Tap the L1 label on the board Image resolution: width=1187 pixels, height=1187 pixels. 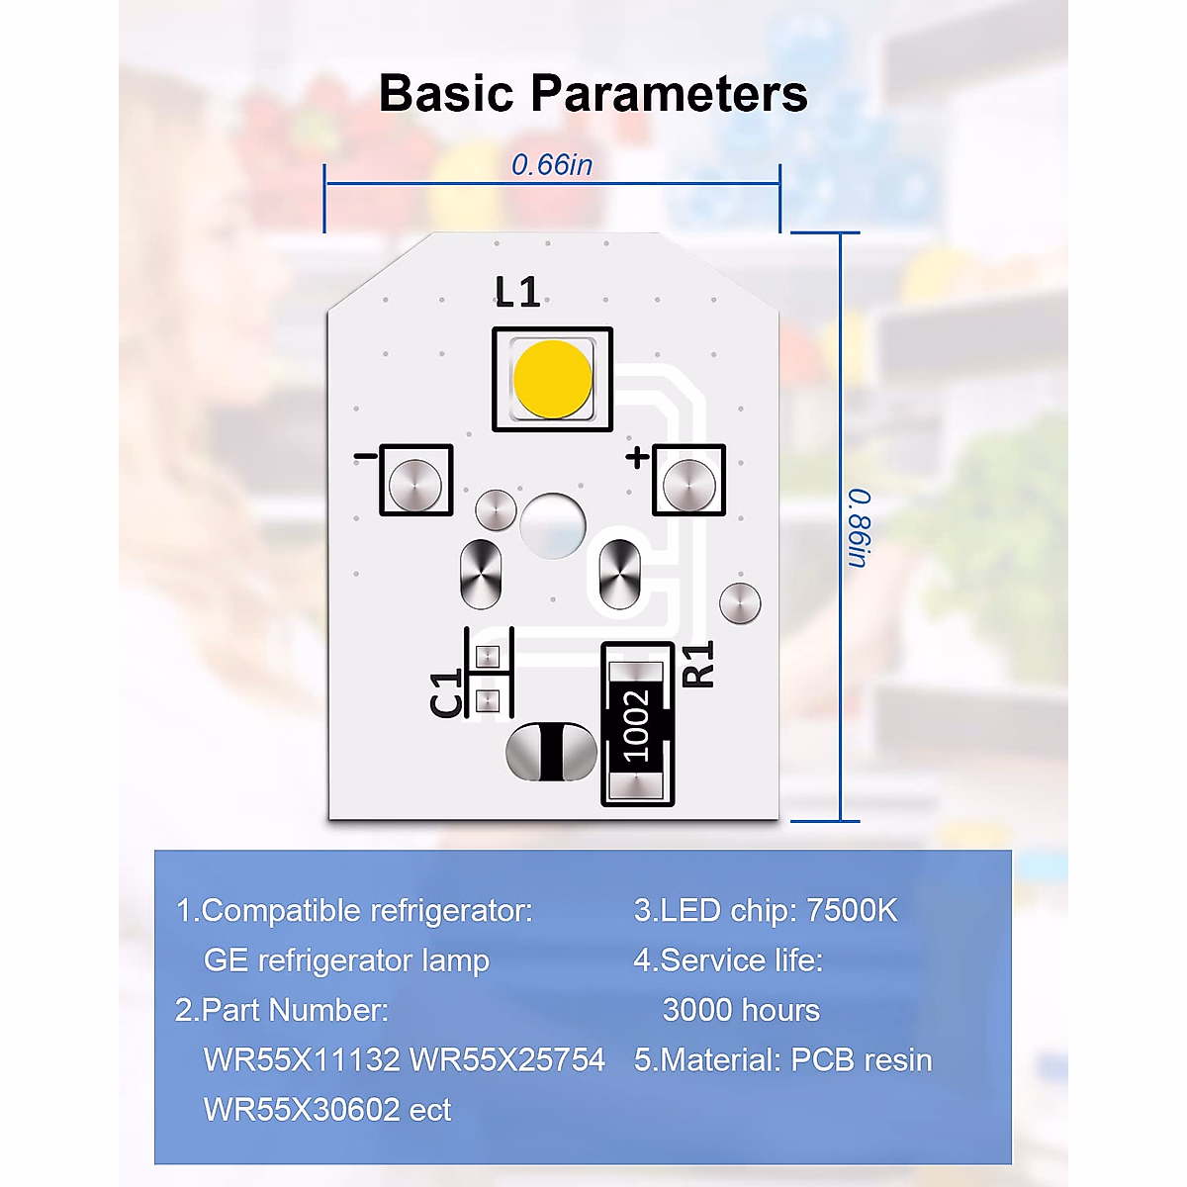point(517,292)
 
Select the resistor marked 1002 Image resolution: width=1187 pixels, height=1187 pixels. point(637,725)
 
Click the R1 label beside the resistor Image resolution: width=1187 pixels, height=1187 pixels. point(698,664)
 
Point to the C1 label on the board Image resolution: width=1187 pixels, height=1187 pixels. point(447,691)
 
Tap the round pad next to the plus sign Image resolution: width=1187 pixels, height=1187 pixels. point(688,483)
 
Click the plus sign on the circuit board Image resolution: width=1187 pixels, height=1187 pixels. point(637,456)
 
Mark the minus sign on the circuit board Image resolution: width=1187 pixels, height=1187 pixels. point(364,456)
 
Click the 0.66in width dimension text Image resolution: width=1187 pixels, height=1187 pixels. point(552,164)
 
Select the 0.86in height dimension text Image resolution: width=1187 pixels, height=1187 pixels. point(858,528)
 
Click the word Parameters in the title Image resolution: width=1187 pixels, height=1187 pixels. point(670,94)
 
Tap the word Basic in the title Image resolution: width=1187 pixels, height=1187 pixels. point(446,94)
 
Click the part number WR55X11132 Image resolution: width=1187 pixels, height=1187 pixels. point(301,1059)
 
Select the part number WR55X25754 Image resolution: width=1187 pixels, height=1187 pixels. point(507,1059)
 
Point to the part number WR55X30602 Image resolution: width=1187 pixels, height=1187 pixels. point(301,1109)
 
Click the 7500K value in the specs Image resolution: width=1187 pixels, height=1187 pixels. point(852,910)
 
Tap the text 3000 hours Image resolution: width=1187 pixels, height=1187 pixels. point(741,1010)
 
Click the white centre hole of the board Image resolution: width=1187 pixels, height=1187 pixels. point(552,523)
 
